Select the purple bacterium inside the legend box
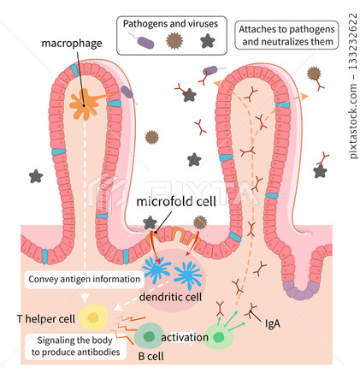146,40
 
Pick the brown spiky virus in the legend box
176,40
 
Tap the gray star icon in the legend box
206,40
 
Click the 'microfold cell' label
175,202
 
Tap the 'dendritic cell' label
170,297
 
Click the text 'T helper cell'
44,319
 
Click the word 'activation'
184,337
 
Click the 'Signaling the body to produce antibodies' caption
70,345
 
